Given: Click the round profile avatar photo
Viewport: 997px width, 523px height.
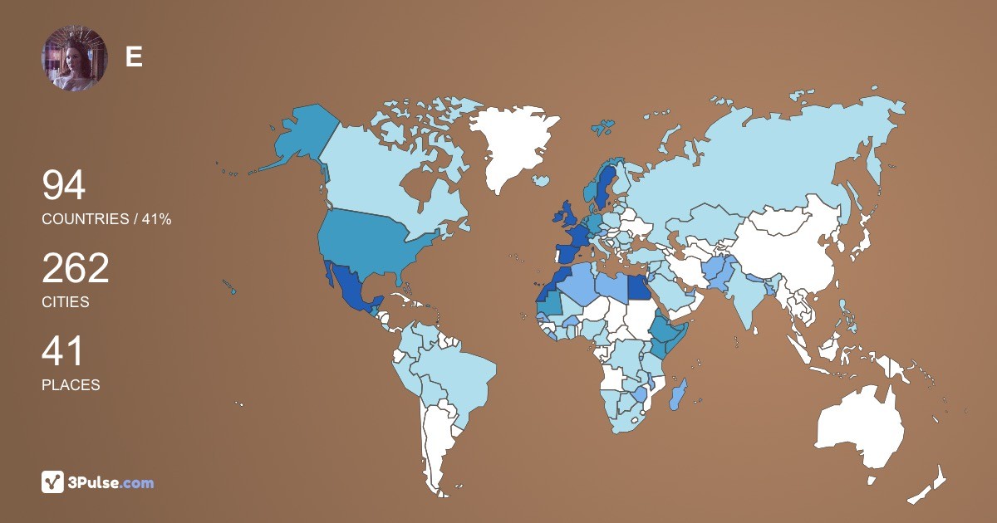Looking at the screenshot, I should (75, 58).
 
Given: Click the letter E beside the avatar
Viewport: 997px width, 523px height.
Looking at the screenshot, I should (134, 56).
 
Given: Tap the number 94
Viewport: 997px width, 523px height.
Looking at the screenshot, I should (64, 186).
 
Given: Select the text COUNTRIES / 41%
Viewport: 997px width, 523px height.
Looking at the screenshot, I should (106, 219).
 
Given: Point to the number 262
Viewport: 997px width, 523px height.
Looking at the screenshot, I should (76, 269).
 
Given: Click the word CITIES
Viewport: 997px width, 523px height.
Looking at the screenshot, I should (66, 302).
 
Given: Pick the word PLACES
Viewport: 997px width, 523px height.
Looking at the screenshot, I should (71, 385).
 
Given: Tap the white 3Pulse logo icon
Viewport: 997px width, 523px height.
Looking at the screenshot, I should (53, 482).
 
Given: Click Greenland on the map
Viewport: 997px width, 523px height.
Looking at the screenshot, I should (511, 141).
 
